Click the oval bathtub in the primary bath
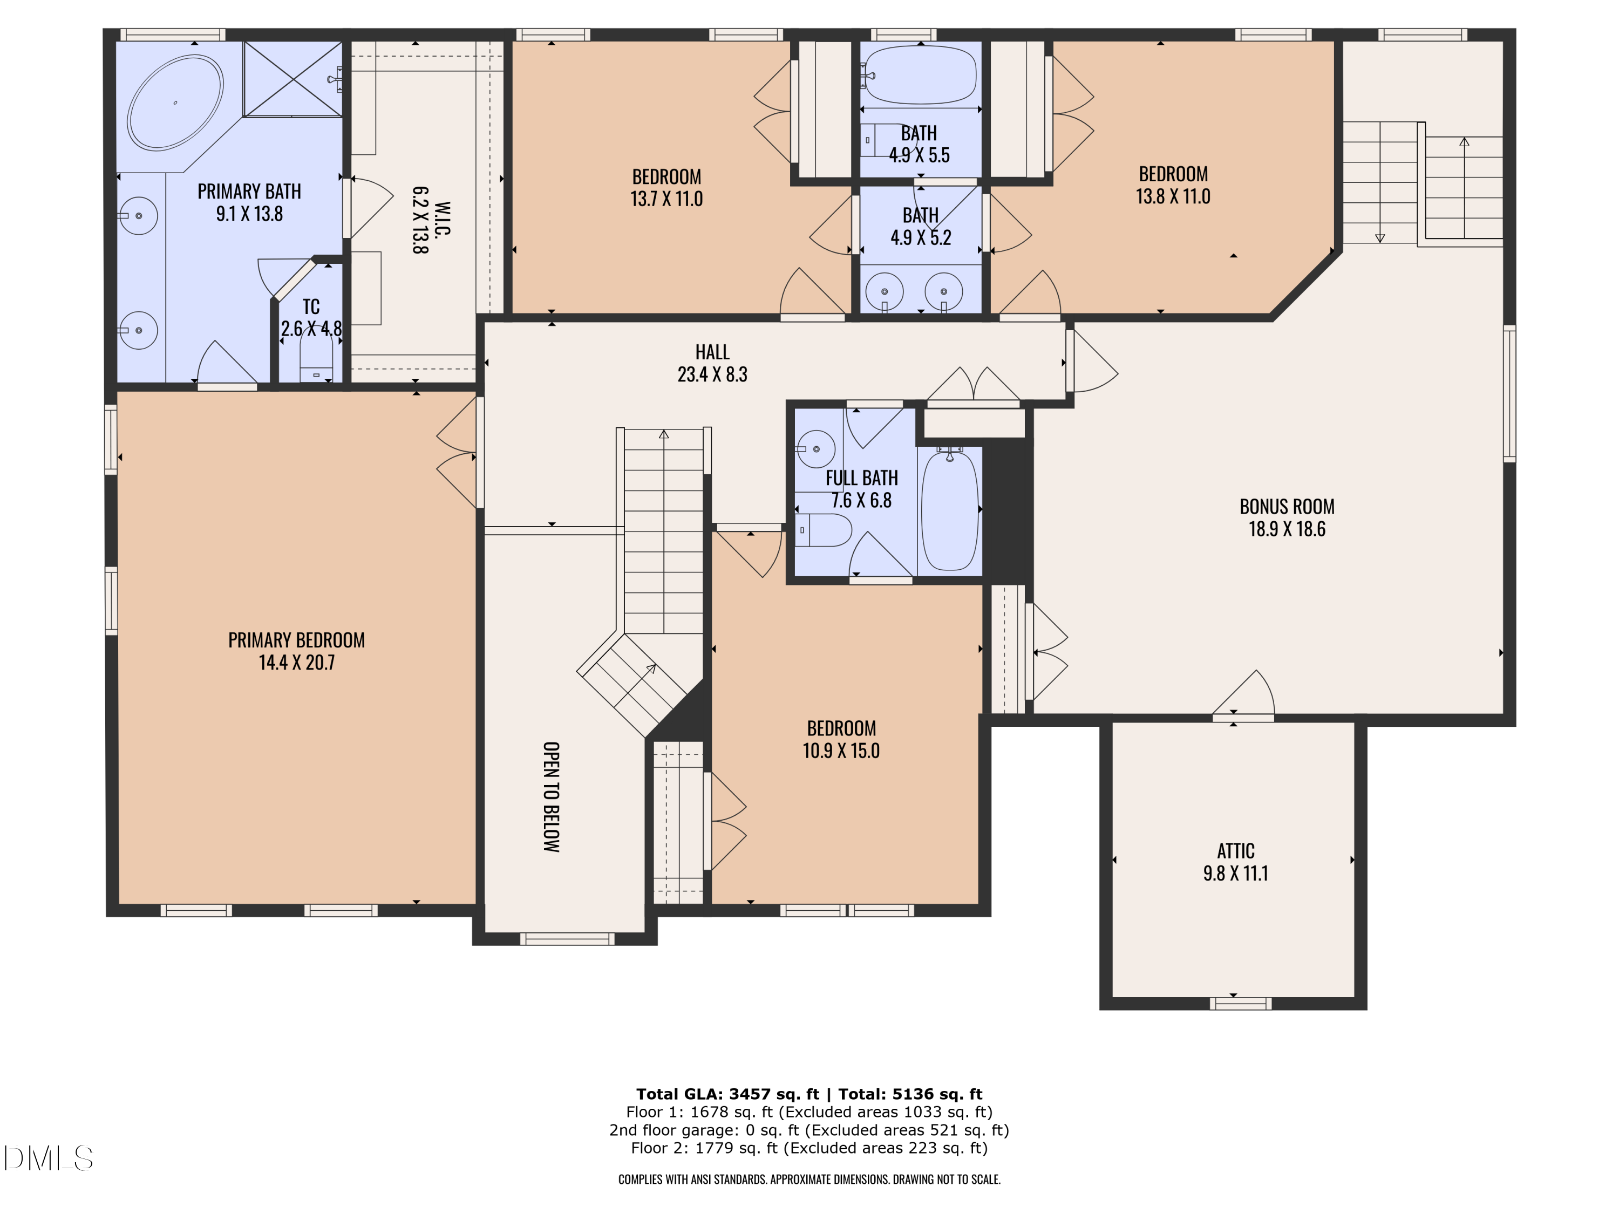point(175,103)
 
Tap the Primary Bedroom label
point(296,640)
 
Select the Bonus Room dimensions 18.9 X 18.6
point(1287,529)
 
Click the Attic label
point(1235,851)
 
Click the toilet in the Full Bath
point(824,530)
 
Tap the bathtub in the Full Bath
point(949,510)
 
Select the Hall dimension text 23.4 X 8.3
point(712,374)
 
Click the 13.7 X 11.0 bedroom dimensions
point(666,199)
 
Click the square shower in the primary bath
point(292,78)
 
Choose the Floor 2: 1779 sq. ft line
point(809,1148)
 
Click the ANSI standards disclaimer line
point(809,1179)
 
